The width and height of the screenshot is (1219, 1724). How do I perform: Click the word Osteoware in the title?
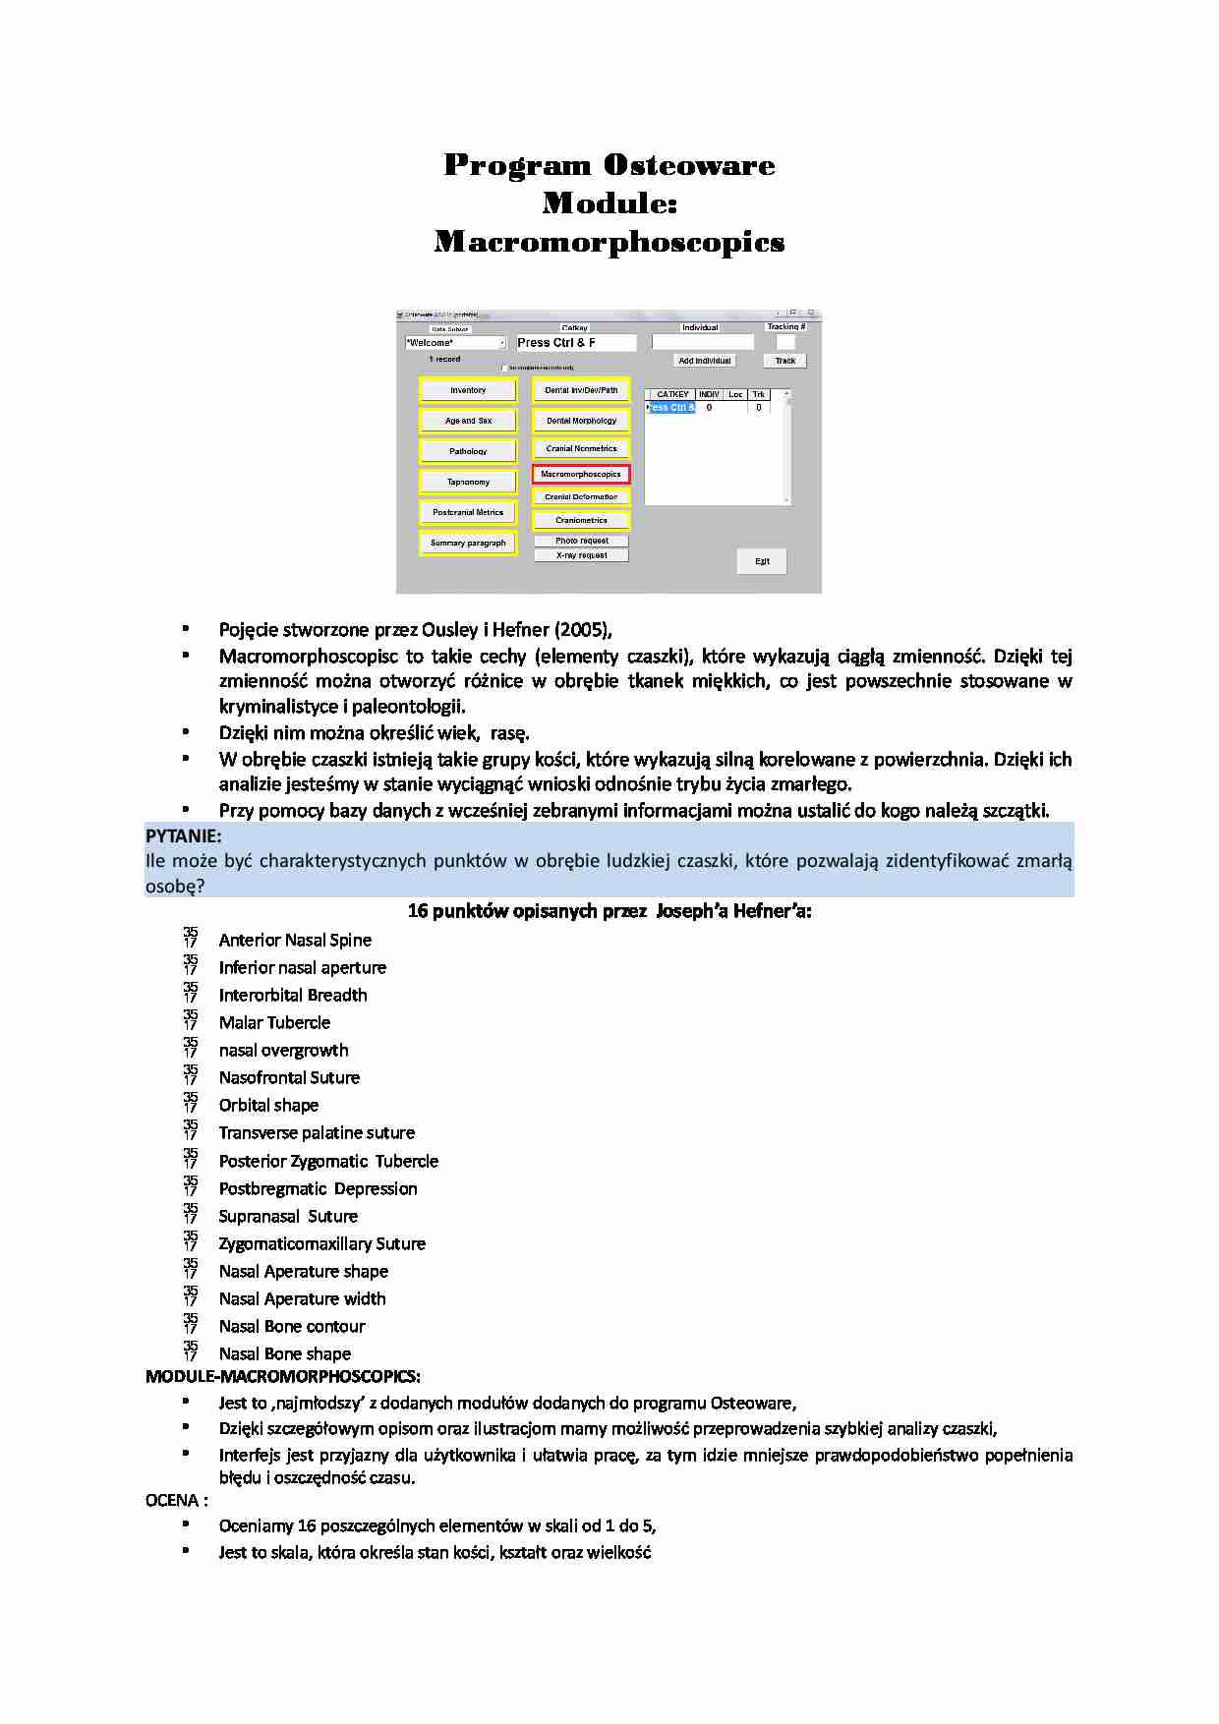tap(689, 165)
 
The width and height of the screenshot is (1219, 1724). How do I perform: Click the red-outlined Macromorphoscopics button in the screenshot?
tap(581, 474)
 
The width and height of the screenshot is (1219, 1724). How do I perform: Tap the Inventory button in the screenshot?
tap(468, 390)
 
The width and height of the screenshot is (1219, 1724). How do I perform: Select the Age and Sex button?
tap(468, 421)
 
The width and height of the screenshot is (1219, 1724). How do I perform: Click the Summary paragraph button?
tap(468, 543)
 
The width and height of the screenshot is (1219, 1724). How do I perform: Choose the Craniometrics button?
tap(581, 520)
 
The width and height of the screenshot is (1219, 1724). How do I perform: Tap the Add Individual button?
tap(705, 361)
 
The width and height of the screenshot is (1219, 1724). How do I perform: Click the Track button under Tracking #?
tap(784, 361)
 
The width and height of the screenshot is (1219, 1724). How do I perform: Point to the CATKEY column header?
tap(672, 394)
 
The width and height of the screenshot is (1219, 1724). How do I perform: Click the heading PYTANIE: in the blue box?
tap(184, 836)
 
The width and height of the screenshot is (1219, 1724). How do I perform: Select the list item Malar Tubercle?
tap(274, 1022)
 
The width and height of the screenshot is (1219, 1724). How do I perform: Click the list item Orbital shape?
tap(268, 1105)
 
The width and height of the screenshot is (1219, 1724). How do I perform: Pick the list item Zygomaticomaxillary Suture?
tap(321, 1243)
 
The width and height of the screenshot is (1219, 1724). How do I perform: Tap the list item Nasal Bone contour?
tap(292, 1326)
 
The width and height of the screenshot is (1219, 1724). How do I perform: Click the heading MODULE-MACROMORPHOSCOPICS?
tap(283, 1376)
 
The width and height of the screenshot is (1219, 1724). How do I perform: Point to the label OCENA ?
tap(177, 1500)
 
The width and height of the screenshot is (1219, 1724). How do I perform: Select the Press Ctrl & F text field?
tap(576, 343)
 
